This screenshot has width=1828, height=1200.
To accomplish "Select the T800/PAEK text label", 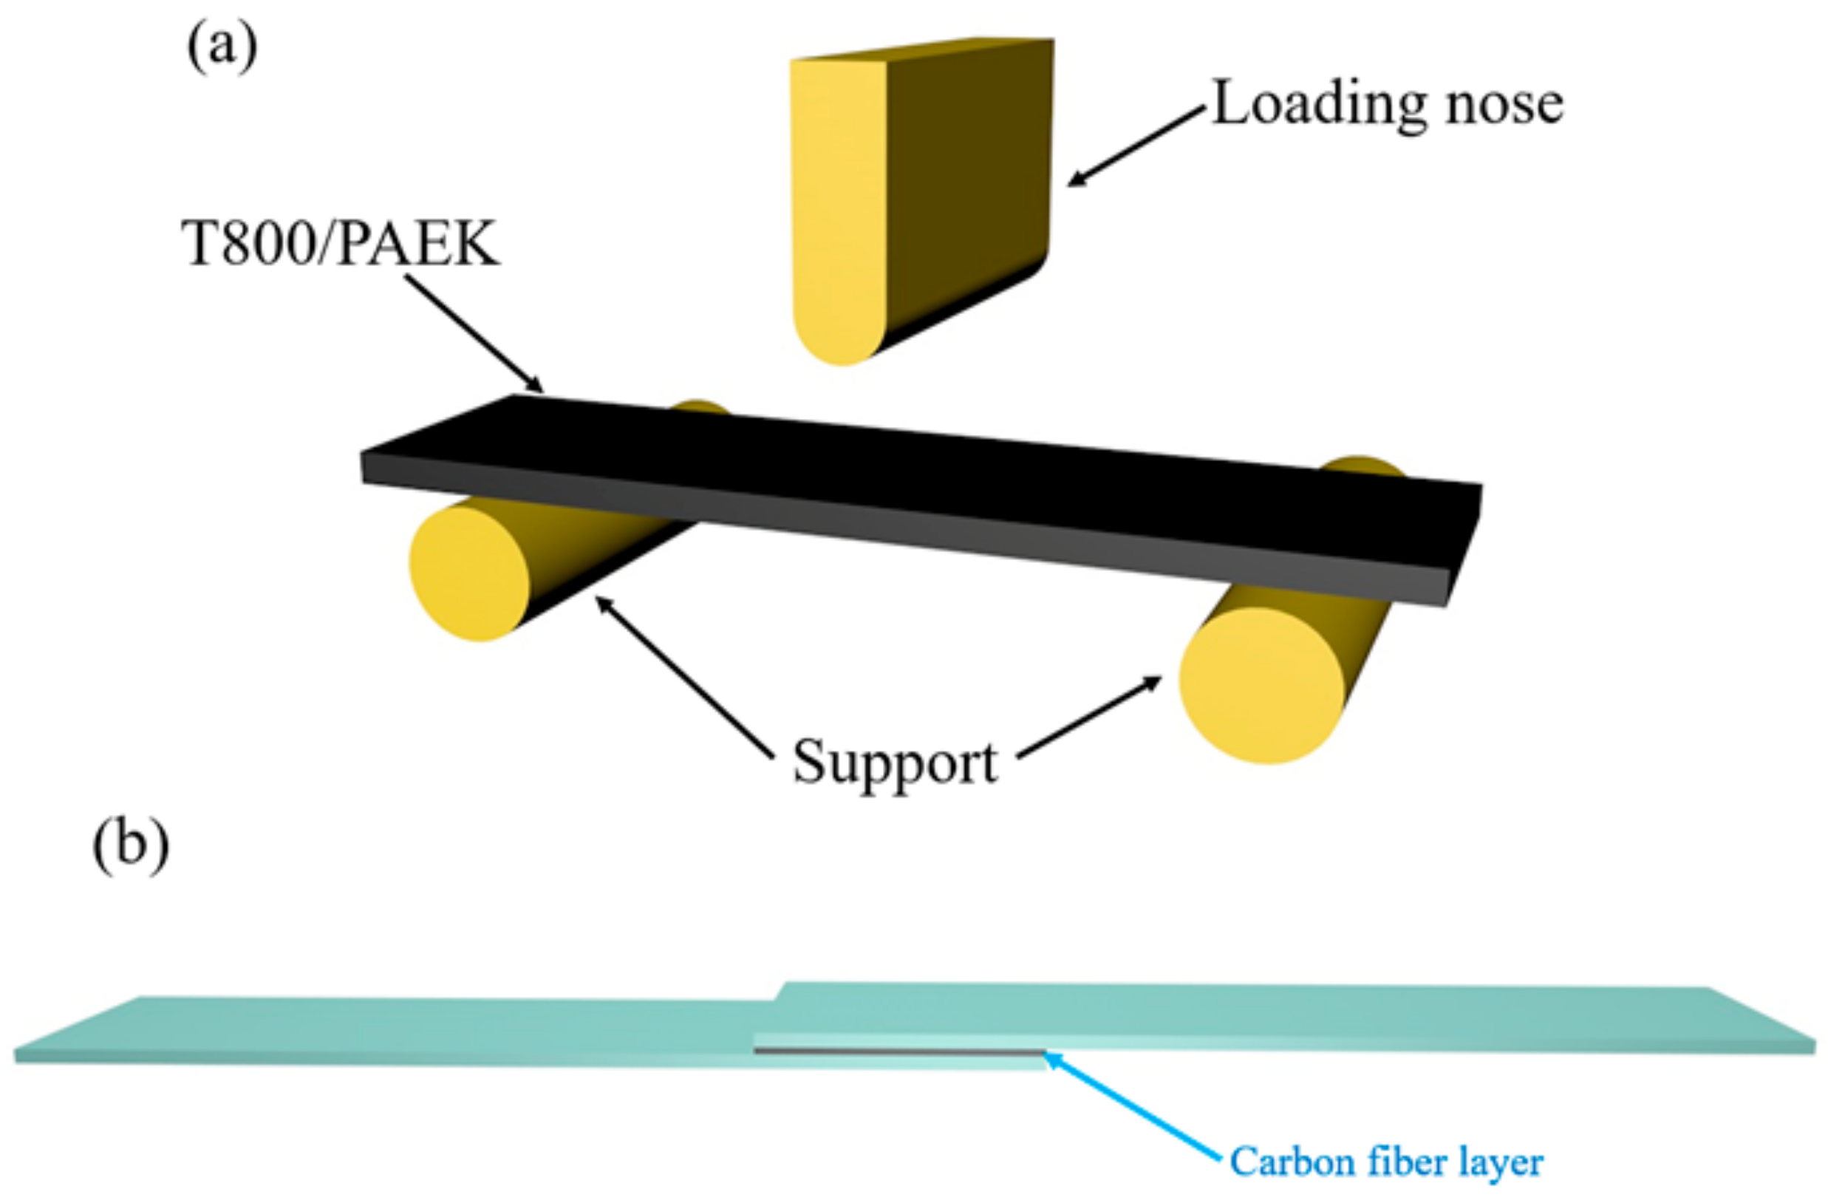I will (x=340, y=245).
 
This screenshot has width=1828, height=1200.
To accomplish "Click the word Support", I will (x=895, y=763).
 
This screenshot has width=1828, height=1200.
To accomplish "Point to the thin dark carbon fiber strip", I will (x=898, y=1051).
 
